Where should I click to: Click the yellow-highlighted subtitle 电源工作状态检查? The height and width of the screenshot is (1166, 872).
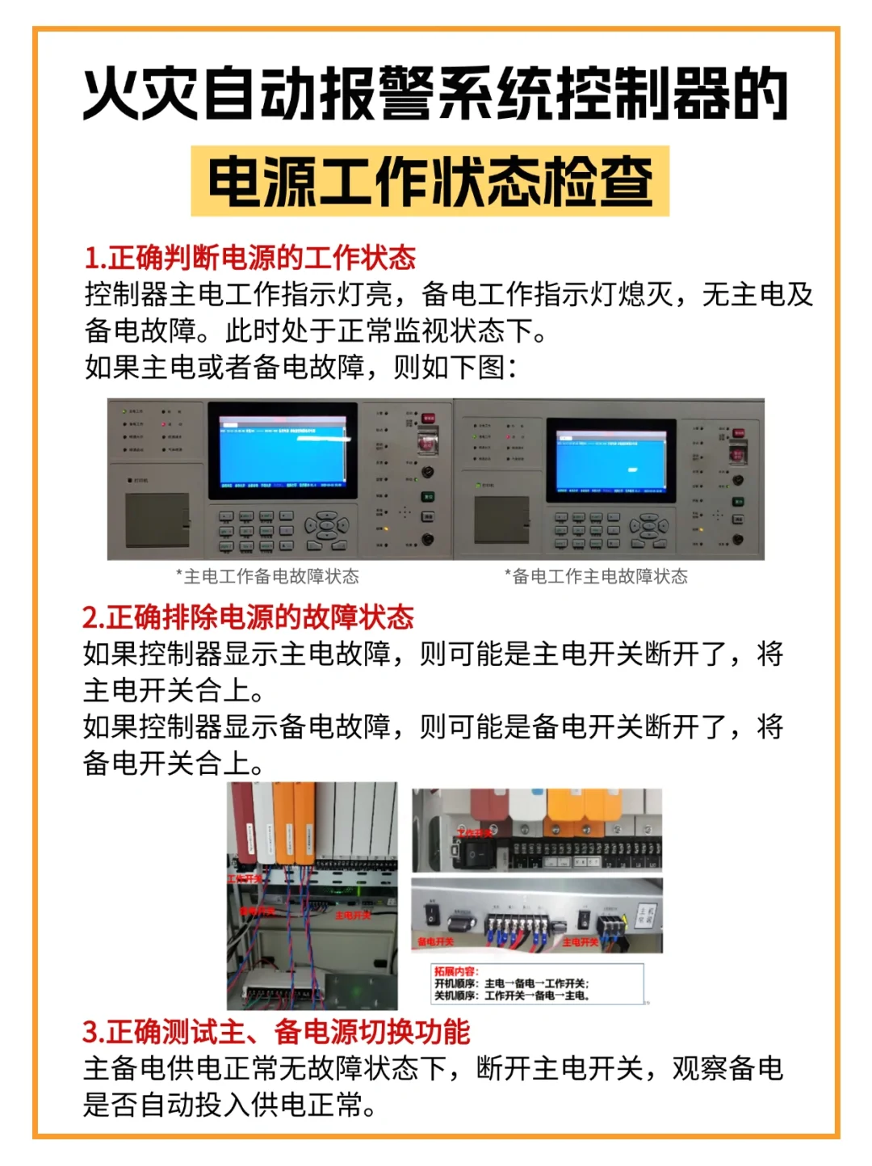click(430, 181)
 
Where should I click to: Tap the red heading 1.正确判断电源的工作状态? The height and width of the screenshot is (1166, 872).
click(249, 258)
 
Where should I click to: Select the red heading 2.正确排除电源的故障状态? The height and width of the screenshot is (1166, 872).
click(248, 617)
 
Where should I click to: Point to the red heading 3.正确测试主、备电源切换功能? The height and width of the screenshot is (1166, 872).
click(276, 1032)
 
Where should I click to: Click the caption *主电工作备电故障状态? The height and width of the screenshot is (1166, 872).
click(267, 576)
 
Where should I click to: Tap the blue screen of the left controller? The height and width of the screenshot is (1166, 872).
click(283, 452)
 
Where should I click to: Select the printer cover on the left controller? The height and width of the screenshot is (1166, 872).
click(157, 520)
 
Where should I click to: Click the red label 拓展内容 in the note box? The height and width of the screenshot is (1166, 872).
click(455, 971)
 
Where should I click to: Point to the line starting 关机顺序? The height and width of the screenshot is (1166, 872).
click(512, 996)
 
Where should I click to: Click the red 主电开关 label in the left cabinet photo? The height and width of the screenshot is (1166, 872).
click(353, 916)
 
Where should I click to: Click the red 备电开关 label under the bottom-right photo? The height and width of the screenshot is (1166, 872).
click(435, 942)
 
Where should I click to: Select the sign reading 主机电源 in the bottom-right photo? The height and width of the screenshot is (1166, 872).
click(645, 916)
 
